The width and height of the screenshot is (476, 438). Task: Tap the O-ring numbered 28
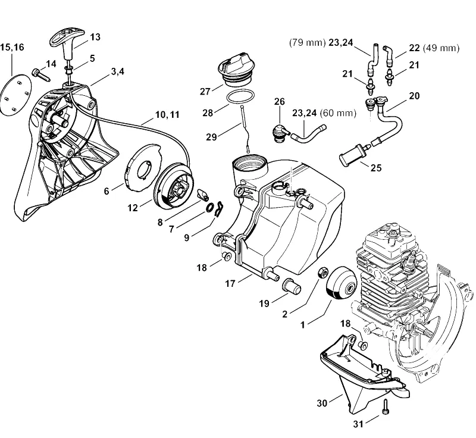[240, 98]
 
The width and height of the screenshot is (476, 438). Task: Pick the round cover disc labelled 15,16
[16, 94]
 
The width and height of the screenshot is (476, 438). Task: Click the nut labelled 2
[322, 272]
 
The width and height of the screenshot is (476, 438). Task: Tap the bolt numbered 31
[386, 406]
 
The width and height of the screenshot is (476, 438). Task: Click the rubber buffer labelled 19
[292, 287]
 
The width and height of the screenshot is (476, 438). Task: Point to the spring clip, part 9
[219, 209]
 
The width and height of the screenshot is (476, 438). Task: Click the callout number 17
[230, 283]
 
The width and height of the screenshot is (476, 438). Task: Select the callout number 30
[322, 403]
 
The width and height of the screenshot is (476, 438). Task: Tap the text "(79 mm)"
[307, 42]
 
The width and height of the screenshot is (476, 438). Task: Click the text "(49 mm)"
[441, 48]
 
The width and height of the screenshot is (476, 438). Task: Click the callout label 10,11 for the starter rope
[167, 115]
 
